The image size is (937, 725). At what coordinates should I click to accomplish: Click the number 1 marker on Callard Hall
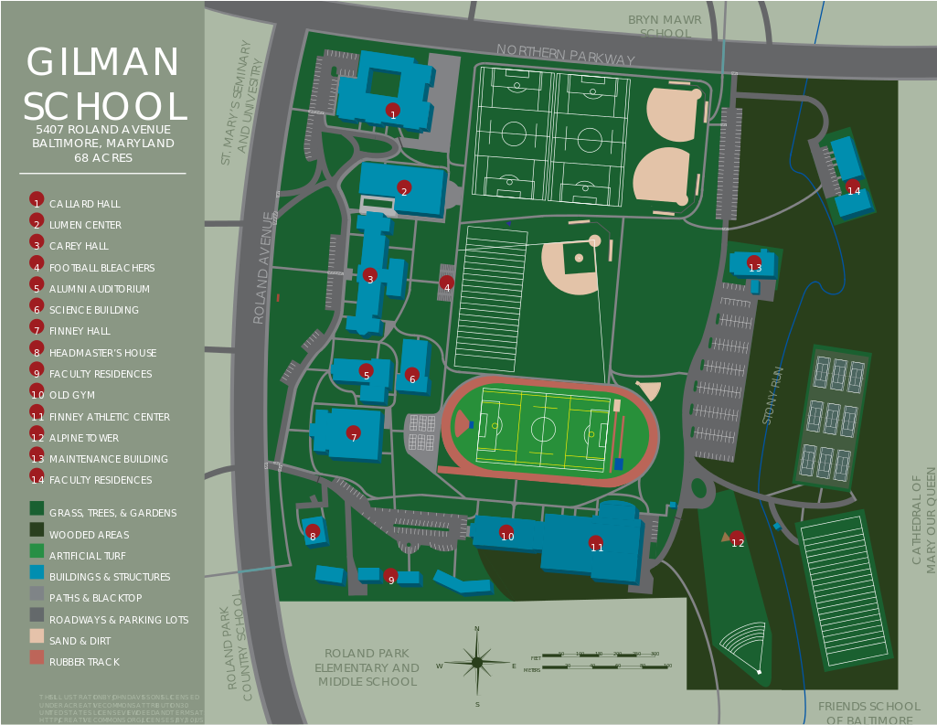393,112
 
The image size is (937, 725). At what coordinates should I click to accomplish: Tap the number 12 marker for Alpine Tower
737,539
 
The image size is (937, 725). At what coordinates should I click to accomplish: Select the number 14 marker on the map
854,187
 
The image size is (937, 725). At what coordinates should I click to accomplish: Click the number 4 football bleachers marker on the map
447,284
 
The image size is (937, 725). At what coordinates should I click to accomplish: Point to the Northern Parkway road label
565,54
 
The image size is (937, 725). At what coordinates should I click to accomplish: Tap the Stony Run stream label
774,395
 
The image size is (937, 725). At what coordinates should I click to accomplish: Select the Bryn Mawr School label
665,27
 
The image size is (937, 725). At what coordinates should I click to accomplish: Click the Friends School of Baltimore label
868,712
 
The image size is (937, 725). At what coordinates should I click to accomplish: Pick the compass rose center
476,662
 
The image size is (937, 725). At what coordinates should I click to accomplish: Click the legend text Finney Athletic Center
110,417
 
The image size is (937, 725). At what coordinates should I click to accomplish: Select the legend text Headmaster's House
102,353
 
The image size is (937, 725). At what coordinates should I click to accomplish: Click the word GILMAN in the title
103,63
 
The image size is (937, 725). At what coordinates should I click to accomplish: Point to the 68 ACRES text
103,158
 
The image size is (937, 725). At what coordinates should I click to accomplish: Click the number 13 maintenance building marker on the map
754,264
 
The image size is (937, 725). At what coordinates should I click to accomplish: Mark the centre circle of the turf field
543,428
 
